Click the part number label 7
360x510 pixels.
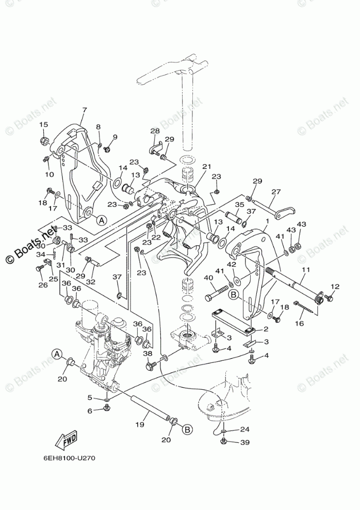pos(84,110)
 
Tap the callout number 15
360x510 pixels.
pos(44,124)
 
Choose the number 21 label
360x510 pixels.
pos(207,167)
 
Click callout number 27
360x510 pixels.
pos(276,192)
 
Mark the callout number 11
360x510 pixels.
pos(306,270)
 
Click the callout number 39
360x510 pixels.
pos(244,442)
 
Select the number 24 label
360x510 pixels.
pos(244,429)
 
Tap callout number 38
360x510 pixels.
pos(148,354)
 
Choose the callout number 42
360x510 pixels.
pos(232,265)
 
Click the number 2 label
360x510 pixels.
pos(266,329)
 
